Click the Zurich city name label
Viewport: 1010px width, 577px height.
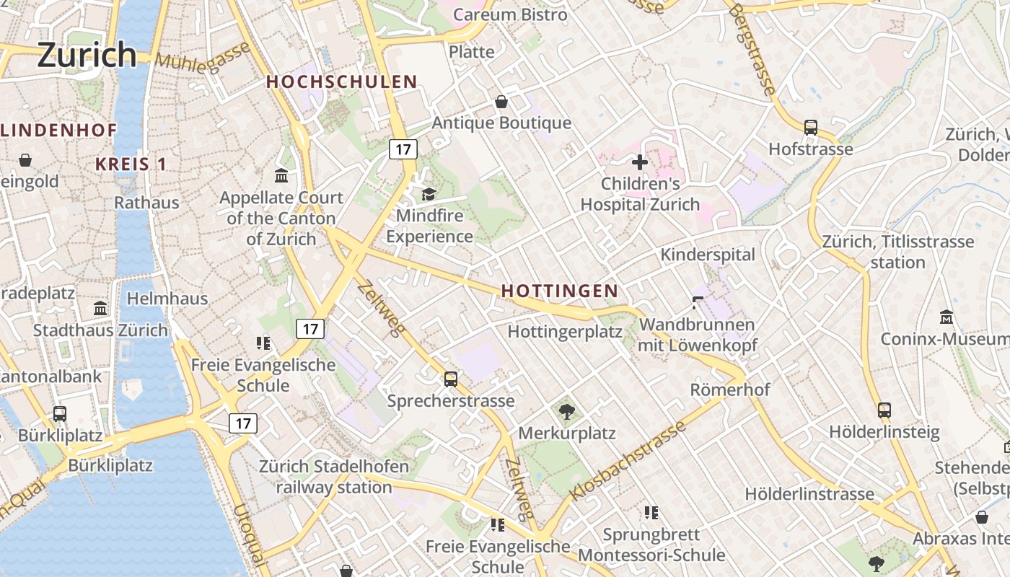pos(87,55)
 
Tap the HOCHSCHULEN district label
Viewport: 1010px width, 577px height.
pos(342,82)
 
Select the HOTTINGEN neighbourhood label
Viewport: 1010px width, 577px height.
pos(559,291)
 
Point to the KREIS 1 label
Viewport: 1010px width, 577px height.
pos(131,164)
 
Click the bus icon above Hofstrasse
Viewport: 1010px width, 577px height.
pos(811,128)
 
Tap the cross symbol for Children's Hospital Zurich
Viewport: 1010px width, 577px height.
pos(639,162)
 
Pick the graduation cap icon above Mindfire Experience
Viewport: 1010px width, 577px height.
pos(429,193)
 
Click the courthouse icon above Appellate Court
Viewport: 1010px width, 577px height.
pos(281,175)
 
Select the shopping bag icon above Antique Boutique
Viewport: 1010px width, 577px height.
pos(501,102)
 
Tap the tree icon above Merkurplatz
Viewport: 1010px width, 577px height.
pos(567,412)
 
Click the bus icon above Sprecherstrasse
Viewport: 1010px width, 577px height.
pos(451,379)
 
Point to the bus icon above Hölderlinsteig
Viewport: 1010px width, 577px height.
pos(884,410)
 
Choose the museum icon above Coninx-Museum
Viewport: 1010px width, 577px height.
pos(947,317)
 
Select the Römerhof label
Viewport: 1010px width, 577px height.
pos(730,389)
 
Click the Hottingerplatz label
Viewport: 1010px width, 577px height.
pos(565,332)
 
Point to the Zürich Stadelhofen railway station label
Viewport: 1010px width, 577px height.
pos(334,477)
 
